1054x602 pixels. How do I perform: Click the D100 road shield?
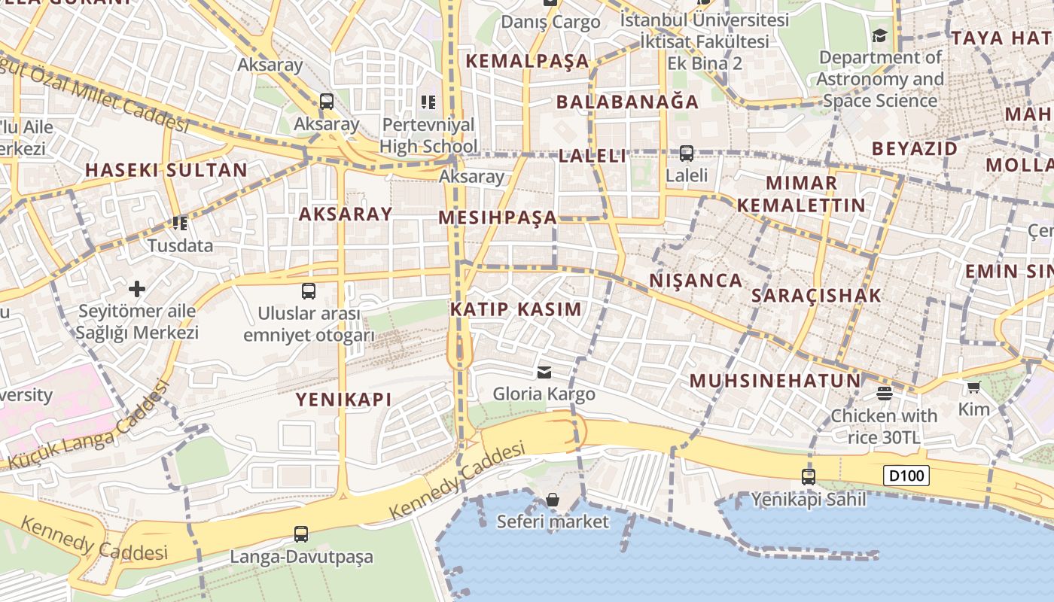pyautogui.click(x=907, y=476)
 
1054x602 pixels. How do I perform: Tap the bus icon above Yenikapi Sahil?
pyautogui.click(x=808, y=476)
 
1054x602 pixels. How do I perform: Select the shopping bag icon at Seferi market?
pyautogui.click(x=553, y=500)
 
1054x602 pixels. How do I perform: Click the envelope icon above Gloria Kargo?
pyautogui.click(x=544, y=372)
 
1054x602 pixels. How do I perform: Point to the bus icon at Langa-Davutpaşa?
pyautogui.click(x=301, y=534)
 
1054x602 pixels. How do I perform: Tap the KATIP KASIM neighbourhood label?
pyautogui.click(x=516, y=309)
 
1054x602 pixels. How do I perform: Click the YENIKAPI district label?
pyautogui.click(x=343, y=400)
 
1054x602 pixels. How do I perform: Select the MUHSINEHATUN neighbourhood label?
pyautogui.click(x=775, y=381)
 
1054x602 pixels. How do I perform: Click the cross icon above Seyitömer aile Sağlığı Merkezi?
pyautogui.click(x=137, y=289)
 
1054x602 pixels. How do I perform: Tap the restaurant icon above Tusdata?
pyautogui.click(x=179, y=223)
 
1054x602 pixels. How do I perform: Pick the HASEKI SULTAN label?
pyautogui.click(x=166, y=170)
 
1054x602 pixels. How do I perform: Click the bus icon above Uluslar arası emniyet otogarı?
pyautogui.click(x=308, y=291)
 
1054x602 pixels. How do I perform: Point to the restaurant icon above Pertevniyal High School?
pyautogui.click(x=428, y=102)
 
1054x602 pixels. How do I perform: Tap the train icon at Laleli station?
pyautogui.click(x=686, y=154)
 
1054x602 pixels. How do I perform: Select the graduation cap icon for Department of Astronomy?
pyautogui.click(x=879, y=35)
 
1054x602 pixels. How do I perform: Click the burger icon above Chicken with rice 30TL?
pyautogui.click(x=884, y=394)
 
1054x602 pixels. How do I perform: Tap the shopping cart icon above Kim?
pyautogui.click(x=973, y=388)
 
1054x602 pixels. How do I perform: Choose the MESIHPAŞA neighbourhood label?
pyautogui.click(x=498, y=218)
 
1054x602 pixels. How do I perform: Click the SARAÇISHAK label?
pyautogui.click(x=816, y=296)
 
